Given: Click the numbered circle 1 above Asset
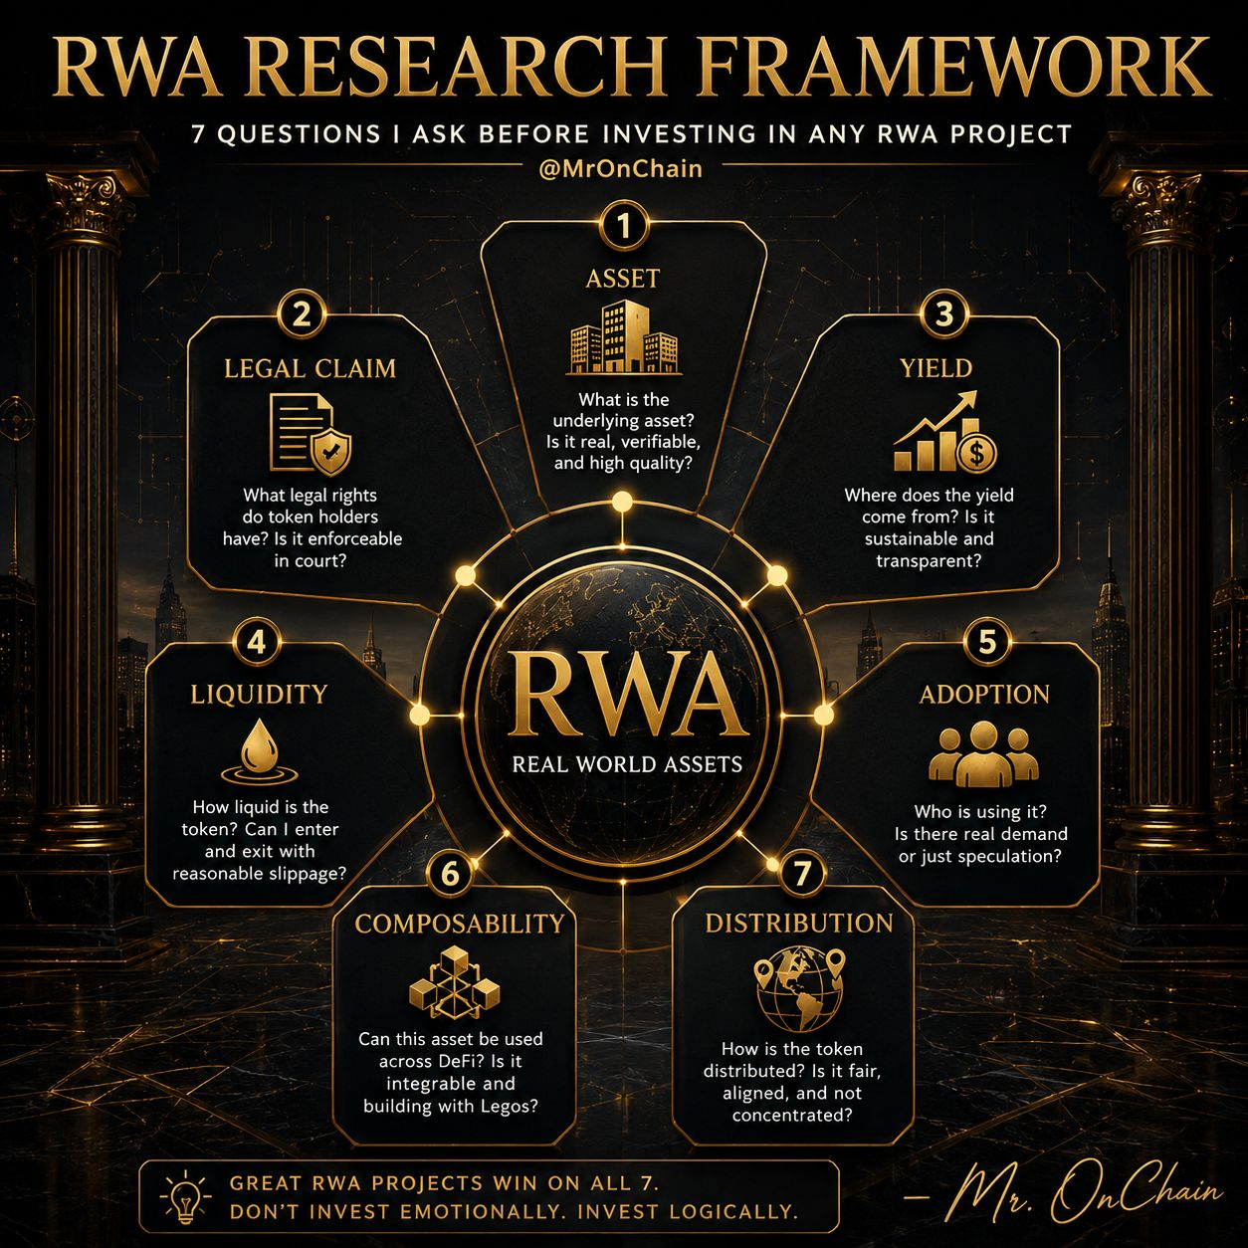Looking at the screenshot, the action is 623,226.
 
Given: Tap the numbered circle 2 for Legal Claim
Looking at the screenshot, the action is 302,315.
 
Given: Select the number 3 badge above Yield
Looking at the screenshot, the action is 943,314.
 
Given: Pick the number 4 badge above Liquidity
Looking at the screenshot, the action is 257,643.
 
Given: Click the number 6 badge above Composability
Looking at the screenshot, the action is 450,874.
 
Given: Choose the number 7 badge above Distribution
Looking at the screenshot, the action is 802,874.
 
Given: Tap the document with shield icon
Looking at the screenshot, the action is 311,435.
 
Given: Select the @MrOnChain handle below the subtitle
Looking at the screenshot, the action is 620,169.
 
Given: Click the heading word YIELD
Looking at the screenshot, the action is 936,368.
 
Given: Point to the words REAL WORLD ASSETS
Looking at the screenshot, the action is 627,764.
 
